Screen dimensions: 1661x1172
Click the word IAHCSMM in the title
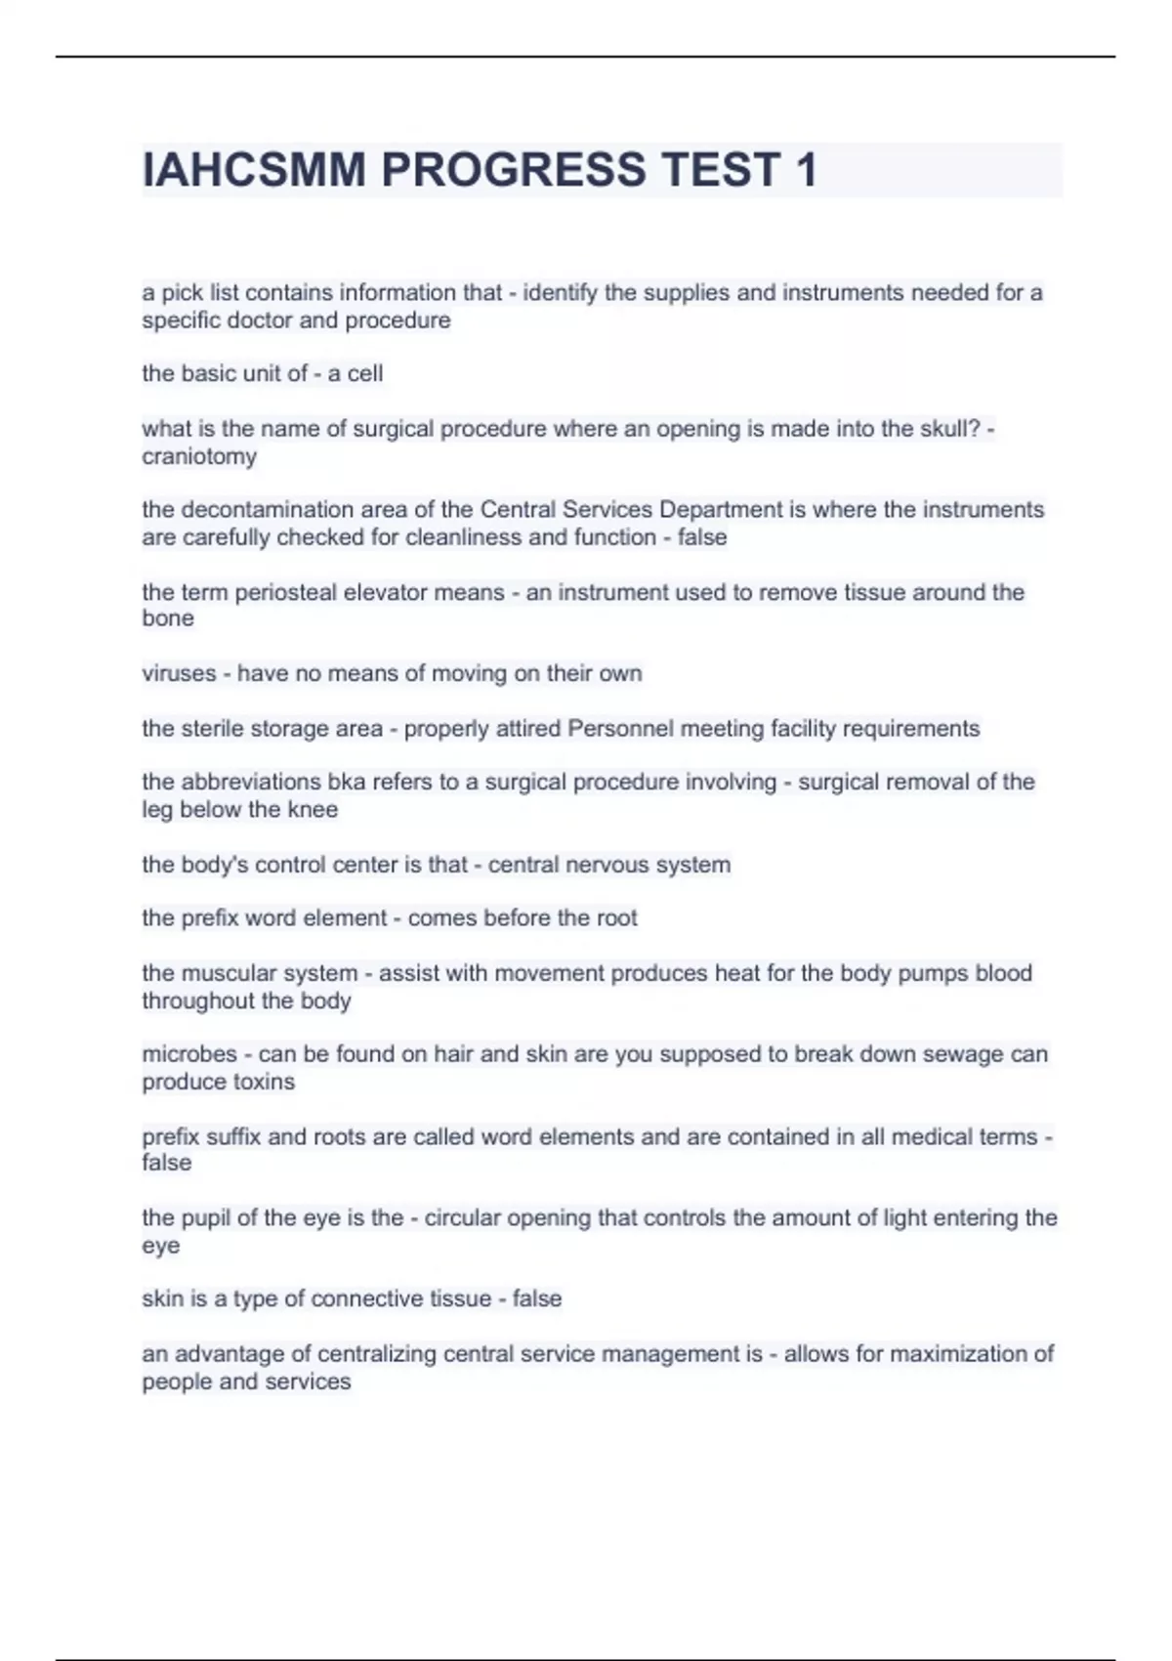(254, 170)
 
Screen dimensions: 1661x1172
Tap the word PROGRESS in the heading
(513, 170)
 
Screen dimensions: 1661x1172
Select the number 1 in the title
(806, 170)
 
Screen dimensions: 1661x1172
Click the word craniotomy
(199, 456)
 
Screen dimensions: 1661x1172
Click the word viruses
(179, 673)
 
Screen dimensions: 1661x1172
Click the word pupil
(206, 1217)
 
